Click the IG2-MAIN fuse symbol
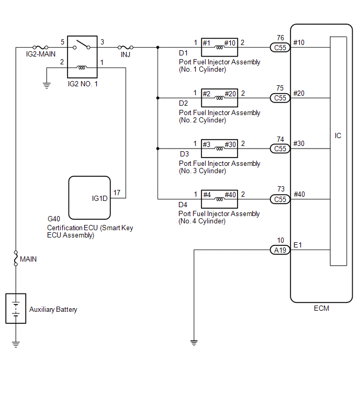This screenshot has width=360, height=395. click(40, 47)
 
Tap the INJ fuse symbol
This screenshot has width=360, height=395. click(126, 47)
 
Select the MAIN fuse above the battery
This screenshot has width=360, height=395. click(16, 258)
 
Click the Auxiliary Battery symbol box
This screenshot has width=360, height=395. click(16, 308)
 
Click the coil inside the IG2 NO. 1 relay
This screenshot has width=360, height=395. click(82, 67)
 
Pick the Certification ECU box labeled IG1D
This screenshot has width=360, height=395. click(89, 198)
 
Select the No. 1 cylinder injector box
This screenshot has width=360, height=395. click(219, 48)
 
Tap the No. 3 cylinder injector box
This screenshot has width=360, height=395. click(219, 149)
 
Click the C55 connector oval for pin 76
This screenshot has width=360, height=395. click(280, 48)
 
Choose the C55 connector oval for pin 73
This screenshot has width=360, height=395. click(280, 199)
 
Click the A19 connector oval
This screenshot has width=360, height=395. click(280, 250)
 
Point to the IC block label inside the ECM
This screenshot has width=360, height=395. click(338, 136)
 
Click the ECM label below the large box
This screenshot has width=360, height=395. click(321, 308)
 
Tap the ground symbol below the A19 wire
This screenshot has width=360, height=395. click(194, 343)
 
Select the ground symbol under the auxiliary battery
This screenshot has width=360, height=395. click(16, 344)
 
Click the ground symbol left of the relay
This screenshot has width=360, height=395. click(47, 86)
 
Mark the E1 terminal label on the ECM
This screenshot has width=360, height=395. click(298, 245)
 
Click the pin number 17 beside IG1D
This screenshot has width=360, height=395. click(117, 193)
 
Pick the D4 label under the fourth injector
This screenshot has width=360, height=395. click(183, 205)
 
